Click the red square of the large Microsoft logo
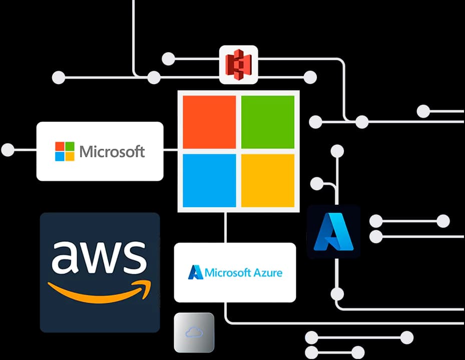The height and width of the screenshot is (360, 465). coord(209,122)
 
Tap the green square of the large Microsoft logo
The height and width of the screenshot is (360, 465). coord(268,122)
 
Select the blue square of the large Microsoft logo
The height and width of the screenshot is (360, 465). coord(209,180)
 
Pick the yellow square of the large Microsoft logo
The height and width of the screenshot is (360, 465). coord(268,180)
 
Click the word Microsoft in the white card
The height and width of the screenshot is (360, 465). coord(112,151)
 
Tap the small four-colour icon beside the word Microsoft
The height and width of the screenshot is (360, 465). coord(65,151)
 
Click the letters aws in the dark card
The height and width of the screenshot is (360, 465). coord(99,256)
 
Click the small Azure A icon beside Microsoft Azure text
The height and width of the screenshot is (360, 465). coord(195,272)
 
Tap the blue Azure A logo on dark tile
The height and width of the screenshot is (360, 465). coord(333,231)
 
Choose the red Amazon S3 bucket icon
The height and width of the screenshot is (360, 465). coord(238,65)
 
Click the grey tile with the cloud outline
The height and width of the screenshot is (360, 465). coord(194,332)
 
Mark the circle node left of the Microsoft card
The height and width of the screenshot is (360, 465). coord(8,149)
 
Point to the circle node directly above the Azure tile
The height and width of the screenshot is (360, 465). coord(337,151)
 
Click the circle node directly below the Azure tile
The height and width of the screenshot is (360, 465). coord(337,294)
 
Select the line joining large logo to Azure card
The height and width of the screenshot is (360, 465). coord(226,227)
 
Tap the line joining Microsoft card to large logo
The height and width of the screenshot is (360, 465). coord(171,149)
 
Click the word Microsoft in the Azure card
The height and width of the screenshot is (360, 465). coord(227,273)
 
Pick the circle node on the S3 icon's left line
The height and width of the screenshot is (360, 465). coord(169,59)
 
